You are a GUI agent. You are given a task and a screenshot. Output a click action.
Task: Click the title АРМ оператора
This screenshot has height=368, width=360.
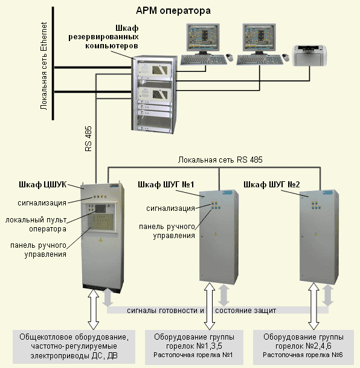(x=173, y=11)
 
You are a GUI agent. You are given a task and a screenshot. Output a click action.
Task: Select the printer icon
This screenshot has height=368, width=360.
(x=309, y=56)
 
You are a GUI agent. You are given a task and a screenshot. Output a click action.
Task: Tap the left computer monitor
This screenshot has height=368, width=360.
(x=203, y=39)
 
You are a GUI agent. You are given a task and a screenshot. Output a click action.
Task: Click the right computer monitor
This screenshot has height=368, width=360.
(x=259, y=39)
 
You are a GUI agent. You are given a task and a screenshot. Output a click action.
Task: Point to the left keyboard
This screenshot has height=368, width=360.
(x=204, y=60)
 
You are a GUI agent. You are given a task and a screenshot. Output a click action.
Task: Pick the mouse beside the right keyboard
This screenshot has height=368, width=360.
(x=286, y=57)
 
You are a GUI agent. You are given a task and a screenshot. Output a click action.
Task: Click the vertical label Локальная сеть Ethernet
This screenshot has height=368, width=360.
(x=43, y=66)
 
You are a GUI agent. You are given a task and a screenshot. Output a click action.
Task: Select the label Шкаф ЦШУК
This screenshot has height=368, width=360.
(x=43, y=185)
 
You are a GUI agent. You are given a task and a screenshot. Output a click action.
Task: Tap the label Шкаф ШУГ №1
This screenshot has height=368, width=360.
(x=166, y=185)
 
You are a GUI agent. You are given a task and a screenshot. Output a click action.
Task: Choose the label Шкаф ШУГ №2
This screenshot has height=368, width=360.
(x=272, y=185)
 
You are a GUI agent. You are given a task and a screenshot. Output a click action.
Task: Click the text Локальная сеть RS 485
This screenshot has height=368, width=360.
(x=220, y=160)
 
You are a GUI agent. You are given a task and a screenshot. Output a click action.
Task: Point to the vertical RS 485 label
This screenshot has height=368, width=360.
(x=88, y=139)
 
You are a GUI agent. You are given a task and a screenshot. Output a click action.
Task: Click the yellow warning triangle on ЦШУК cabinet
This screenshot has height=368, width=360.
(x=101, y=240)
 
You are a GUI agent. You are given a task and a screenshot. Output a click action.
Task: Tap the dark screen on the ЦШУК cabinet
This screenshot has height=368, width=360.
(x=100, y=208)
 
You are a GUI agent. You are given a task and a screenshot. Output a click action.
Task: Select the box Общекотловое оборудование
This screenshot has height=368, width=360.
(x=74, y=347)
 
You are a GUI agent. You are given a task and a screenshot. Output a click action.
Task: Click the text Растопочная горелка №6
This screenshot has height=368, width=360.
(x=303, y=355)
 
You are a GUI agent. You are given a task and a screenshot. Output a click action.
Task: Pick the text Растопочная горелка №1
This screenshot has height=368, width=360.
(x=193, y=355)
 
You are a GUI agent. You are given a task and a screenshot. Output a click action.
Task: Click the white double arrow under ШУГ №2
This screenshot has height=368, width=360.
(x=313, y=306)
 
